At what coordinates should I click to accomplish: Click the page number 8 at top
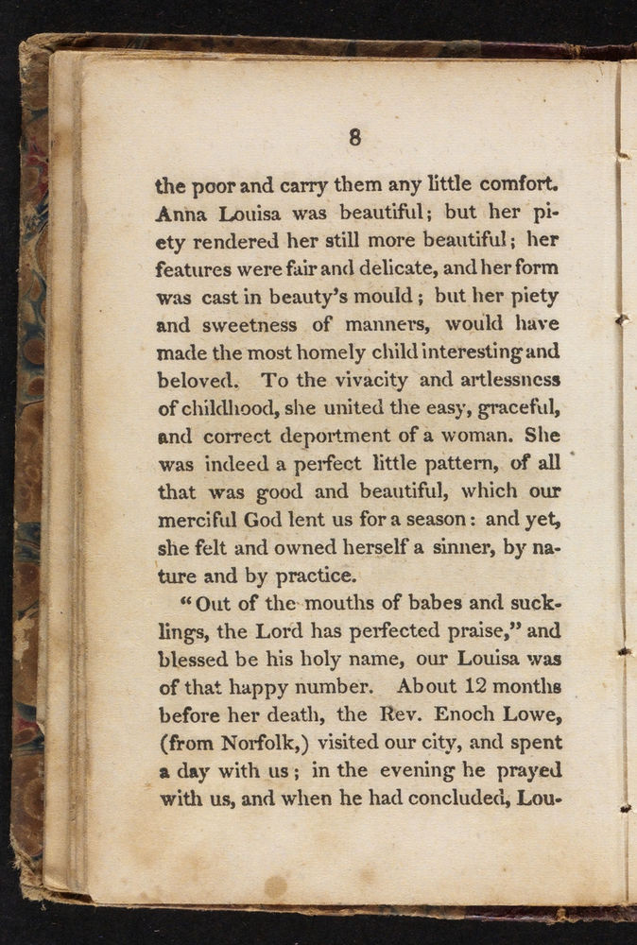tap(354, 138)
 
